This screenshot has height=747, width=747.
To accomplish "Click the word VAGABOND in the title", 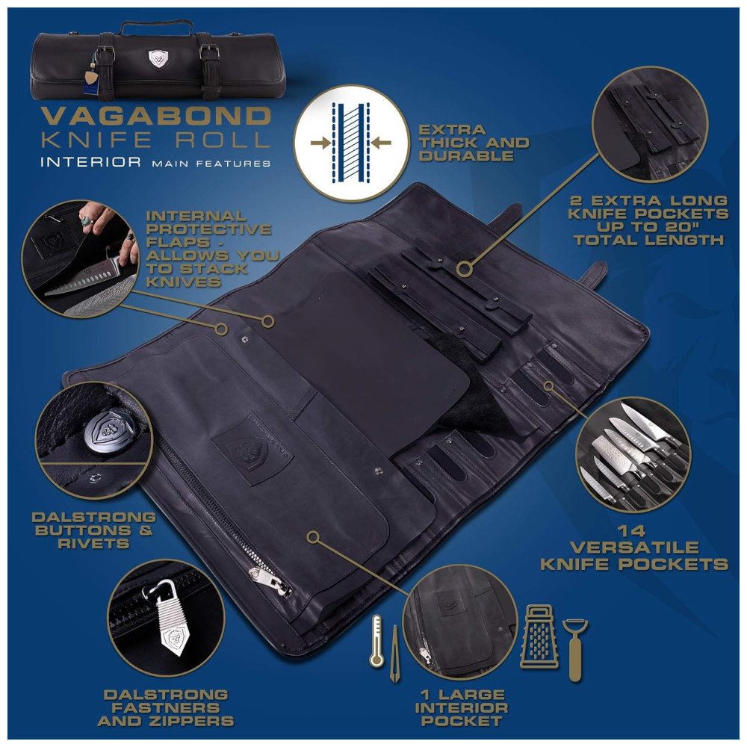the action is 156,117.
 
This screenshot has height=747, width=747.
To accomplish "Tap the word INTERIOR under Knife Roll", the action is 90,162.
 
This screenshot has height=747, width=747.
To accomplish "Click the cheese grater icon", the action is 539,636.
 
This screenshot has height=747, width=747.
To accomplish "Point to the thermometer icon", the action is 376,641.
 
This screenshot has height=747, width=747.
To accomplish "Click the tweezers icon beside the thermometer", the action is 394,654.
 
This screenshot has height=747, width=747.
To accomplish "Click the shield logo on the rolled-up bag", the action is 158,58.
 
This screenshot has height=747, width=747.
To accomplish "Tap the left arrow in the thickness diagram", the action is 320,142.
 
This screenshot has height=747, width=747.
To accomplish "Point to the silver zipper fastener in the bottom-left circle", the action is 168,619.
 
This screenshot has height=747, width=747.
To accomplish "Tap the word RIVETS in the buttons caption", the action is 93,543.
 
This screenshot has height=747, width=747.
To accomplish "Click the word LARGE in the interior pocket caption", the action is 472,695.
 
